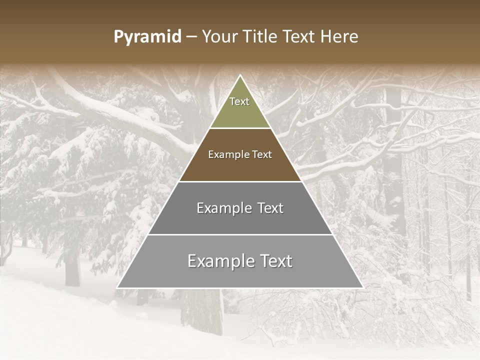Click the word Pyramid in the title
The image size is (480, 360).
pos(147,37)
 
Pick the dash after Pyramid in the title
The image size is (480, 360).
pos(191,37)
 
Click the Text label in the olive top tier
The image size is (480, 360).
pos(239,102)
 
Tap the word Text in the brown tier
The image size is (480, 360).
pos(262,155)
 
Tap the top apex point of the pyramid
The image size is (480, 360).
pos(240,75)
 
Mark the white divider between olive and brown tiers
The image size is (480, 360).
pos(240,128)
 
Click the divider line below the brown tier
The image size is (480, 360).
pos(240,181)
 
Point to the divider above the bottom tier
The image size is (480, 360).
pos(240,234)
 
